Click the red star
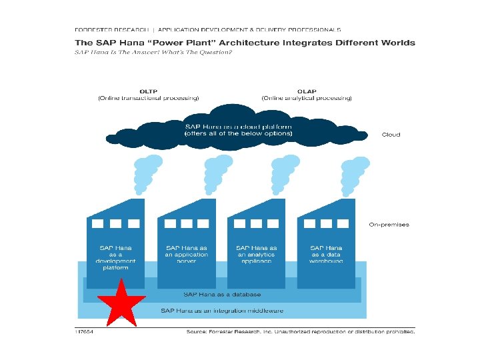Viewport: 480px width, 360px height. click(121, 304)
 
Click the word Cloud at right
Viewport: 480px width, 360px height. click(391, 135)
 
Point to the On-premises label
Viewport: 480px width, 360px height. click(389, 225)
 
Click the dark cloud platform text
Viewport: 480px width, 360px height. click(239, 129)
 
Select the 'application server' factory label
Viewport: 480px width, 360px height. click(187, 255)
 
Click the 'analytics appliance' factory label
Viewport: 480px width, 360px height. click(257, 255)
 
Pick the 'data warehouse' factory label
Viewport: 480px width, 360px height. click(327, 255)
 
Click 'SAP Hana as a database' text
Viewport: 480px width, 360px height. click(223, 294)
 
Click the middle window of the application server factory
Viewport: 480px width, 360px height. click(186, 224)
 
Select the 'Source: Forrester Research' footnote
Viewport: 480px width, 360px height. click(300, 331)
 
